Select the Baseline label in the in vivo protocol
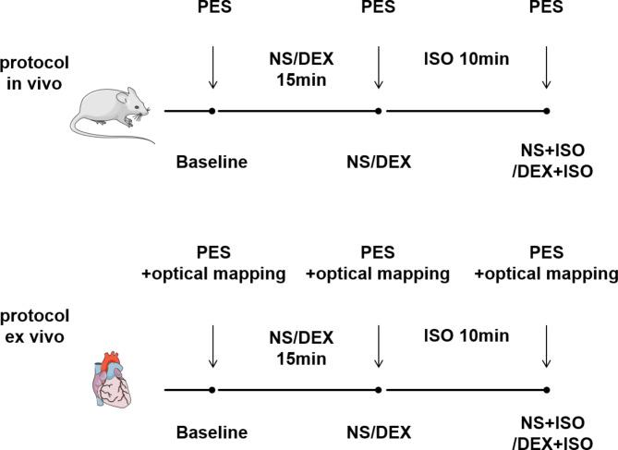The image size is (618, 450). (212, 163)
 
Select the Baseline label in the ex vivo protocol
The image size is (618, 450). (212, 432)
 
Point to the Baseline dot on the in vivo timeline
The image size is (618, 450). (213, 111)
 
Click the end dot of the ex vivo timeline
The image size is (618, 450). (547, 390)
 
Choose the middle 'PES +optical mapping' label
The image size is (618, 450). (377, 262)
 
